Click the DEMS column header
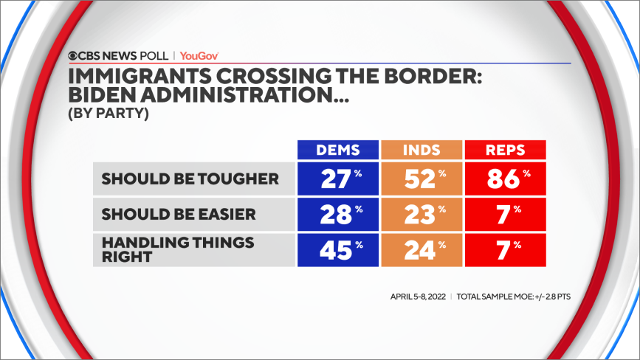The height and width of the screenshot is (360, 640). coord(338,150)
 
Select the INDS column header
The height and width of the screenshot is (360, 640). coord(421,150)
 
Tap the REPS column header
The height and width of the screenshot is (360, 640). coord(505,150)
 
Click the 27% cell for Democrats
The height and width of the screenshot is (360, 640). coord(338,179)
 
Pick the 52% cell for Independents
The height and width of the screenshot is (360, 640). coord(421,179)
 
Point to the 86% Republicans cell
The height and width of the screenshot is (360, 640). coord(505,179)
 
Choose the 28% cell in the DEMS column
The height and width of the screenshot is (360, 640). coord(338,215)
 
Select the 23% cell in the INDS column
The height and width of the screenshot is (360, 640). coord(421,215)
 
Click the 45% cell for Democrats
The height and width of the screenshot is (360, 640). coord(338,251)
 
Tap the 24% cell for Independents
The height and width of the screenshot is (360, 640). coord(421,251)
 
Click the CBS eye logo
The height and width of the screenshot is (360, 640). coord(74,55)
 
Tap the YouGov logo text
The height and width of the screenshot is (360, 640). coord(199,55)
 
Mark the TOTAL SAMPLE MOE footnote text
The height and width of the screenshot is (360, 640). coord(514,297)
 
